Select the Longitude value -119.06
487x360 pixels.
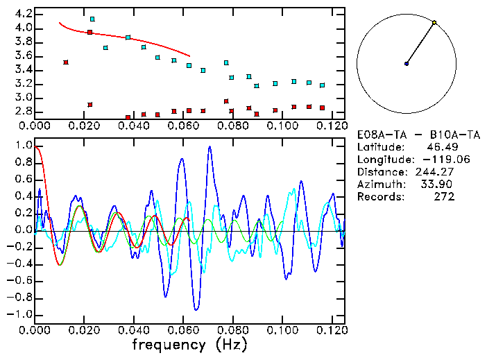436,160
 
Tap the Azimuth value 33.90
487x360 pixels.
439,185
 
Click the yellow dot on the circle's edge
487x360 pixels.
434,23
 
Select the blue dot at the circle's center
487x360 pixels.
407,64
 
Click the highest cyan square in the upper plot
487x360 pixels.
92,19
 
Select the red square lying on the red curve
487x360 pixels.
90,32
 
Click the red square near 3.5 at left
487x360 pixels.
66,62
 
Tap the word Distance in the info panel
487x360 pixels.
381,172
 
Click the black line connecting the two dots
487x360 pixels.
420,43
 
